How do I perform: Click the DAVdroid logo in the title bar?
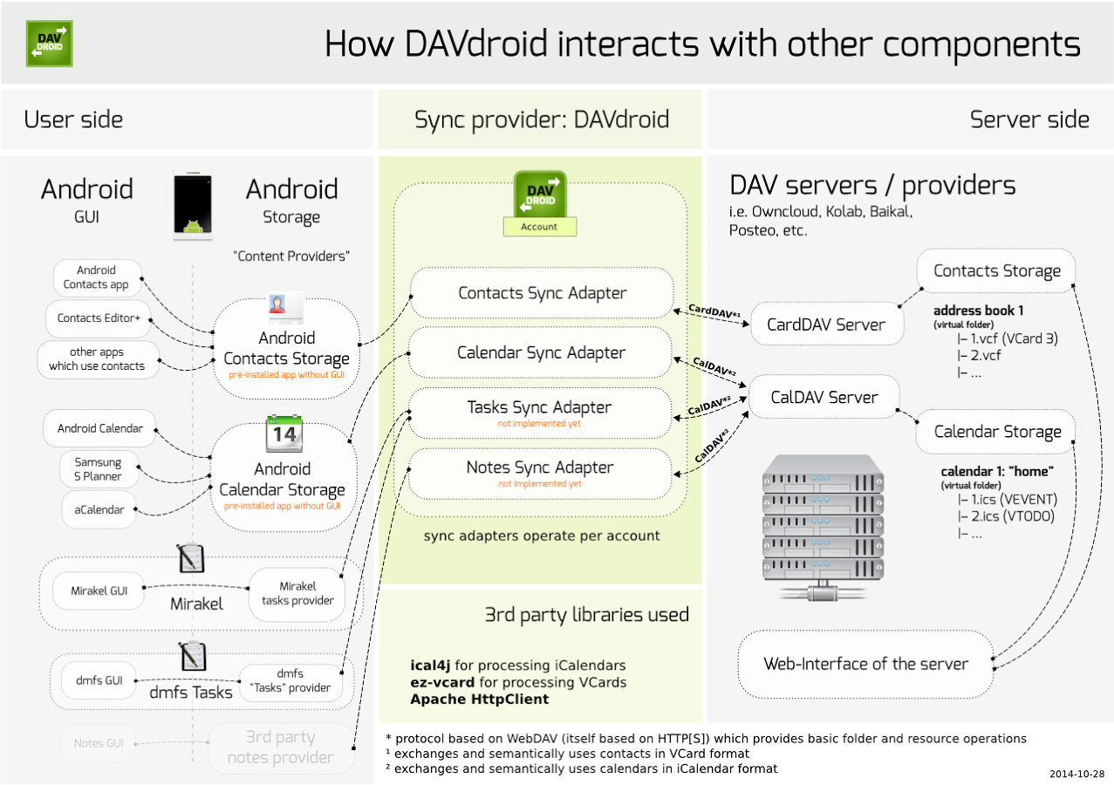50,44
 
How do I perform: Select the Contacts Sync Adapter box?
542,293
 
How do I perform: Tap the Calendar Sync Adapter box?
542,353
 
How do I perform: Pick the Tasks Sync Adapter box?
539,412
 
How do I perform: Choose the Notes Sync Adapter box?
539,472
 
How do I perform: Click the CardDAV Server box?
825,324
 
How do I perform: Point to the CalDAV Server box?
824,398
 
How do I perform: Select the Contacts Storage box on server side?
996,271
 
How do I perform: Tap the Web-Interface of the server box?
865,664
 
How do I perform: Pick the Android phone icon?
193,205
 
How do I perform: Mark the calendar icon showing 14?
284,433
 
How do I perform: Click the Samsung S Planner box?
98,469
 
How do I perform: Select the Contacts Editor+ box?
99,318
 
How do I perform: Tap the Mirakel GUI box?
99,590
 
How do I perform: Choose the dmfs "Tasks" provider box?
290,680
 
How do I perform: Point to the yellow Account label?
539,227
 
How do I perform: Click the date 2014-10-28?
1076,774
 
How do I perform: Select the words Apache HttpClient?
480,700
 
